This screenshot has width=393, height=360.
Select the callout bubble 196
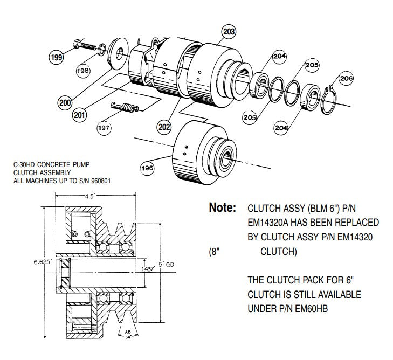[147, 169]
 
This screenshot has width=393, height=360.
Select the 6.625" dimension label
[42, 261]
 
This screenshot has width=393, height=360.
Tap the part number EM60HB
[309, 309]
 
